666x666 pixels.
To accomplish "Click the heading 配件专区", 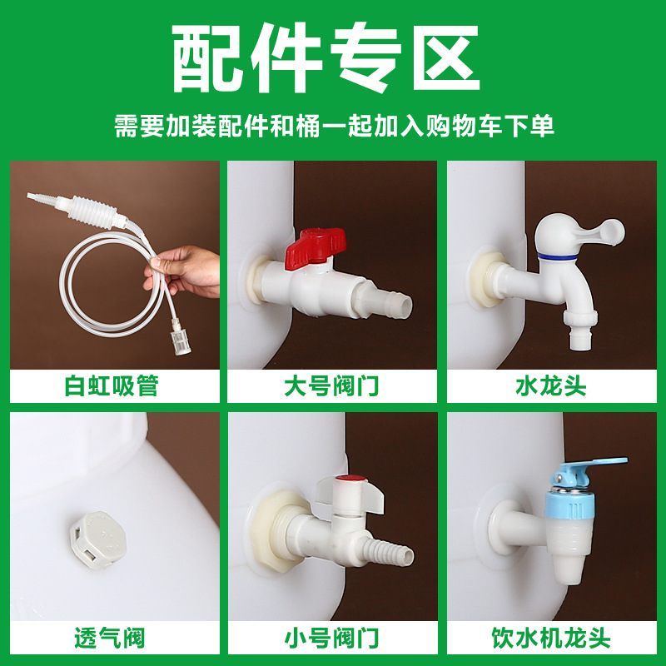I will (x=333, y=57).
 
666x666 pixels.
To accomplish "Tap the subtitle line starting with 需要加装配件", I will (x=333, y=127).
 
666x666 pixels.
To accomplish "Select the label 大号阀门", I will (x=333, y=386).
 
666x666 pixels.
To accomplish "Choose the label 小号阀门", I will (x=333, y=639).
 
